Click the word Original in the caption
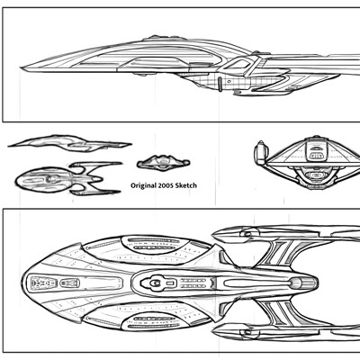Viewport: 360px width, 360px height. click(143, 185)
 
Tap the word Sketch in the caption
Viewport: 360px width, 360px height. click(187, 185)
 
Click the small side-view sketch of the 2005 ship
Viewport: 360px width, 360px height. click(69, 143)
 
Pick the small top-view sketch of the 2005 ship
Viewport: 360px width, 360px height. click(68, 179)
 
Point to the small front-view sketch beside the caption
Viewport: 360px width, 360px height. click(163, 163)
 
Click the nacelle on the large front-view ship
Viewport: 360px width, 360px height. click(260, 152)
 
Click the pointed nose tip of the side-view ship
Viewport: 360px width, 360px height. click(21, 67)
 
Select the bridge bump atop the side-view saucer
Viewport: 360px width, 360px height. click(163, 38)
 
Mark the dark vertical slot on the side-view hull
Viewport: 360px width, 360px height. click(220, 84)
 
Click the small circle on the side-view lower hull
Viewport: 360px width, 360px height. click(229, 81)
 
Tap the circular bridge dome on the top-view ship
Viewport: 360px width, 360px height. click(156, 283)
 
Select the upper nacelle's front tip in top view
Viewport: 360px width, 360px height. click(213, 233)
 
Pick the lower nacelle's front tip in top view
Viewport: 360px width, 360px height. click(213, 332)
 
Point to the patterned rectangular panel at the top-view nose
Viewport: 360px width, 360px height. click(44, 283)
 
